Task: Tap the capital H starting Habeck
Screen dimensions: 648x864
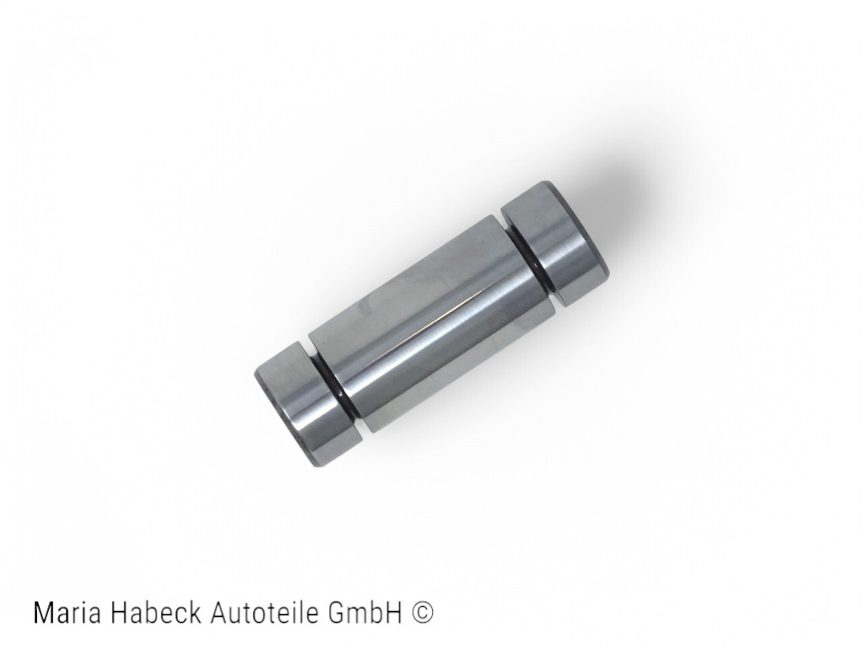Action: pyautogui.click(x=120, y=613)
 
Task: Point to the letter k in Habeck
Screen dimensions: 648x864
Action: pyautogui.click(x=194, y=613)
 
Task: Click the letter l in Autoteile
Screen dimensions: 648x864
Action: pyautogui.click(x=298, y=613)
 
